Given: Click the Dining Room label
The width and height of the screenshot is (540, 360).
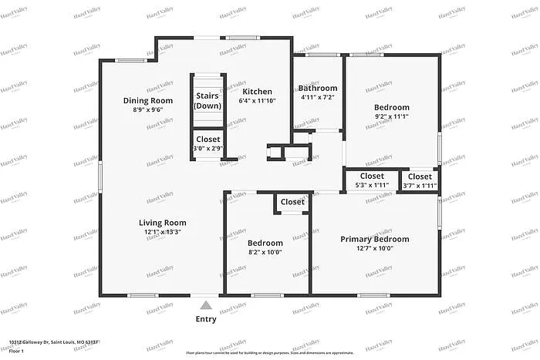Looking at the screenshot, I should (147, 100).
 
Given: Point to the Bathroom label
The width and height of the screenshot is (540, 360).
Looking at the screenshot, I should (318, 89).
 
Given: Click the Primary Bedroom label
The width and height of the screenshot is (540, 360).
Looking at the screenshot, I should (374, 239).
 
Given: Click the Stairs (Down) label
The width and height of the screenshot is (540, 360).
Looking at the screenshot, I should (208, 101).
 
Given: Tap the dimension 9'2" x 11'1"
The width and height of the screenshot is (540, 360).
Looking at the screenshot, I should (392, 116).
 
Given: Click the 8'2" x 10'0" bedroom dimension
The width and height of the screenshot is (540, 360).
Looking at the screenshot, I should (265, 251).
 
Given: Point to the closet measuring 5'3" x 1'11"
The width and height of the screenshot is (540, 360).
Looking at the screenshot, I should (371, 180).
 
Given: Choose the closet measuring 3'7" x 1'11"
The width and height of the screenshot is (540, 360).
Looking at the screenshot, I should (420, 180).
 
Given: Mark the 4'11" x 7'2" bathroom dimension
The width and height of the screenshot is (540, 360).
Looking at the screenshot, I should (318, 98).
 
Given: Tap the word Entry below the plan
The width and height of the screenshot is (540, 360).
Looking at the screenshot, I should (205, 319).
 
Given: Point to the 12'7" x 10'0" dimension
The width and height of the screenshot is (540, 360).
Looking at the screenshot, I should (374, 248).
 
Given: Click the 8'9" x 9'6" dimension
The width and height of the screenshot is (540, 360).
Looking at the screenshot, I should (147, 109).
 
